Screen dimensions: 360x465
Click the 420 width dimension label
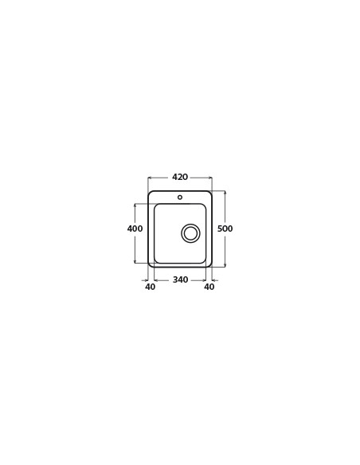180,177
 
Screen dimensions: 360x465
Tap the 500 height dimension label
225,229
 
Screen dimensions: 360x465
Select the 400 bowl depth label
135,229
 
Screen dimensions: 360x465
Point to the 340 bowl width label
180,279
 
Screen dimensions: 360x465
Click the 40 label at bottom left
151,287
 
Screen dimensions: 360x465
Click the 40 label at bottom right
209,287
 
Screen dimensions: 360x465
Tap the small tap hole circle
180,197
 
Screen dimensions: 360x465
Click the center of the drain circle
190,232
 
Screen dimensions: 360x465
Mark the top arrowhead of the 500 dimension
225,193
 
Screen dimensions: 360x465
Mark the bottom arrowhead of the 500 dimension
225,265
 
